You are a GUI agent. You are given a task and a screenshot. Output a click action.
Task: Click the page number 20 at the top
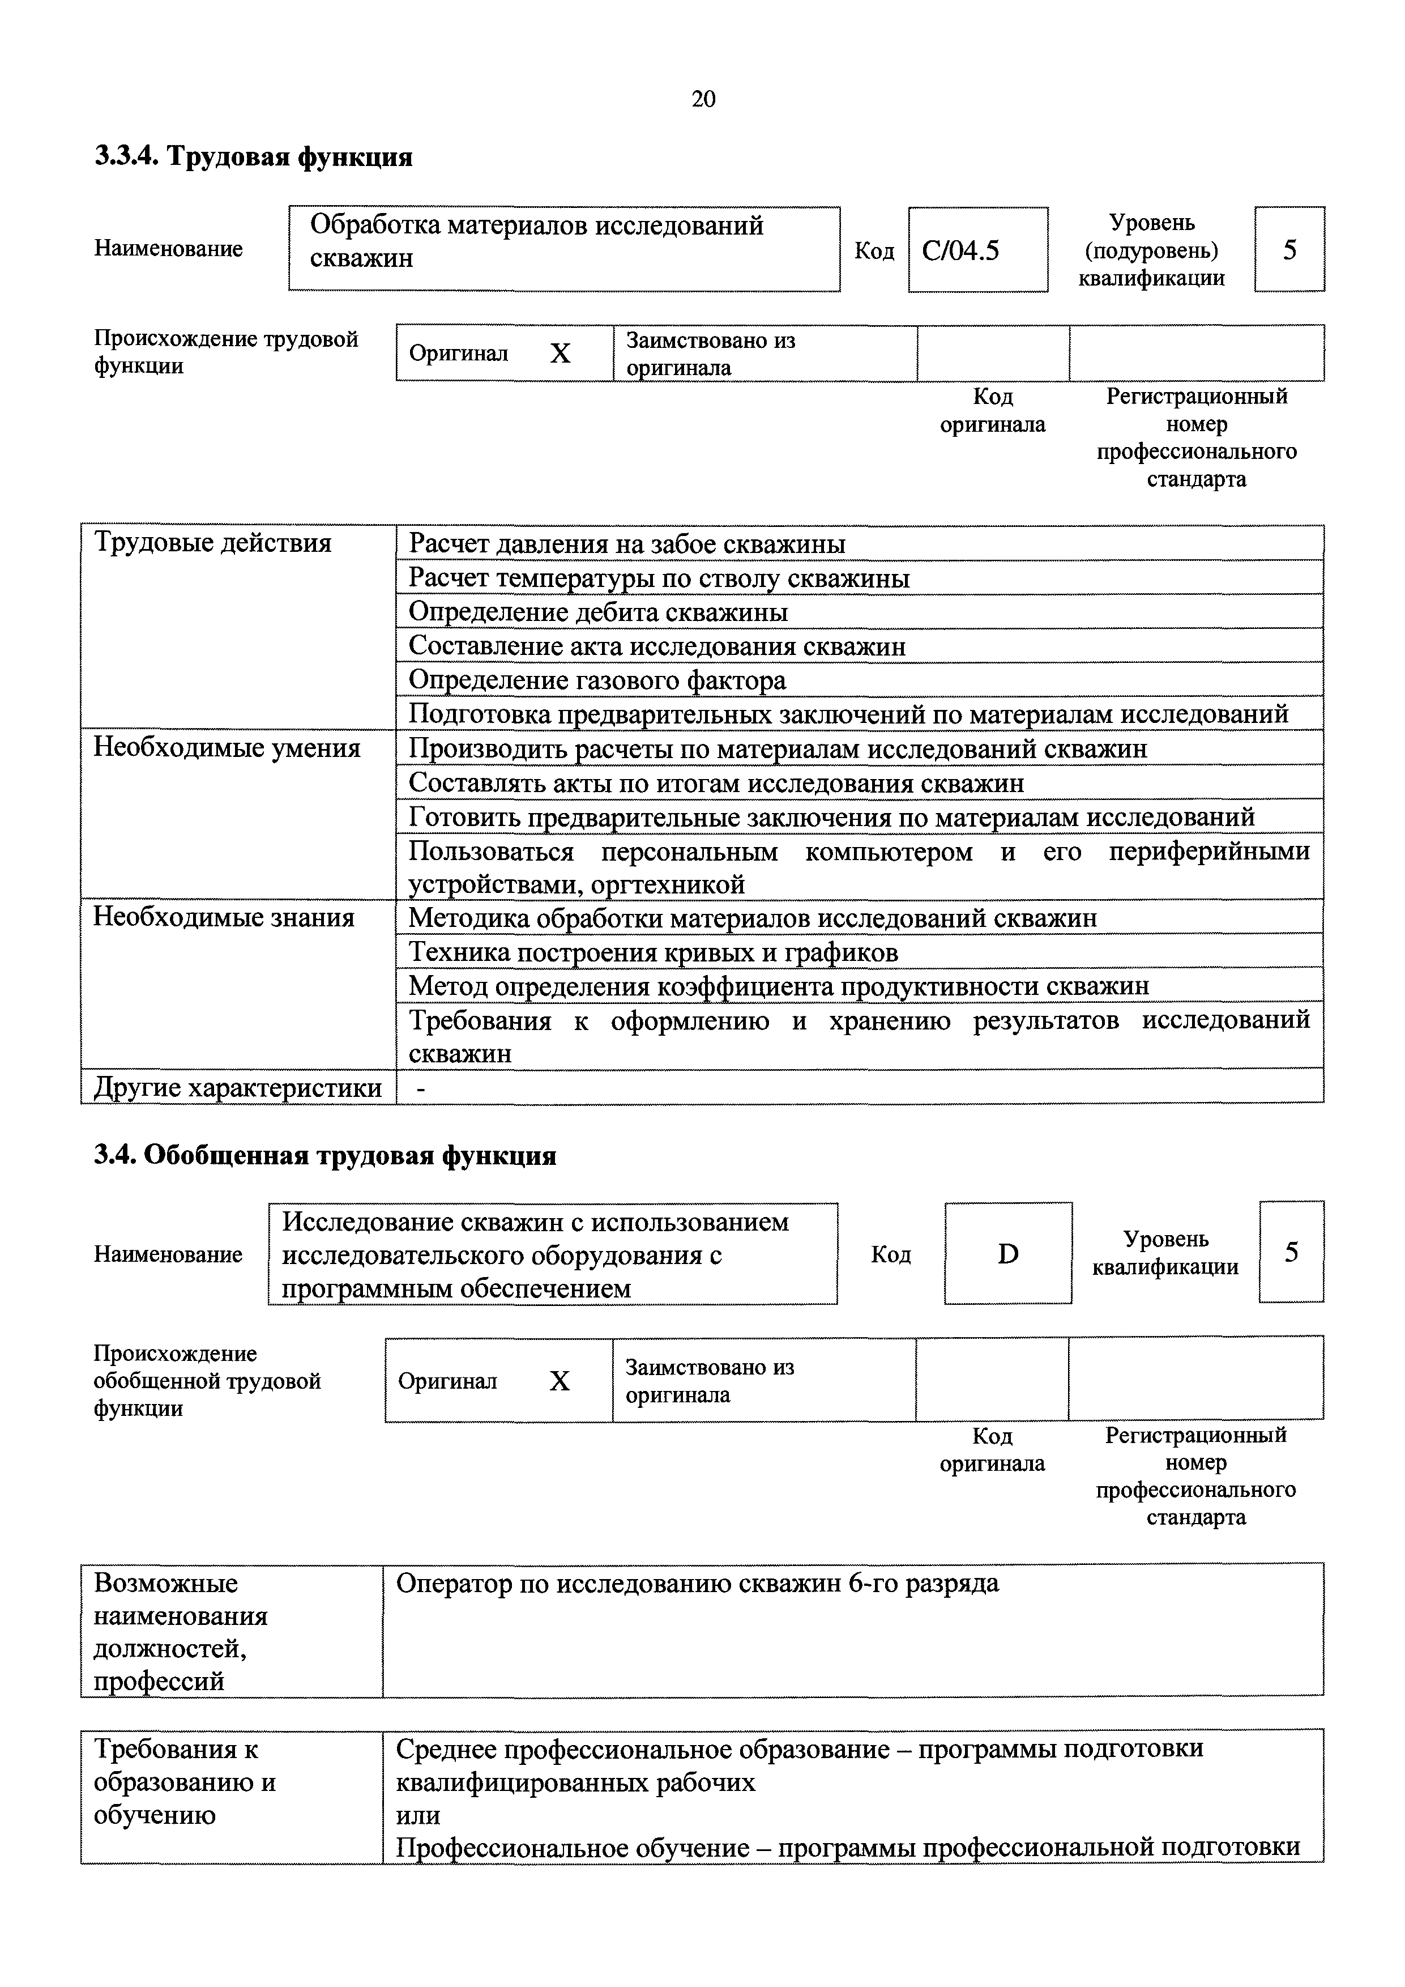point(703,100)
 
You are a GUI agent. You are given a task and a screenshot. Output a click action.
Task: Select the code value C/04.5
point(960,251)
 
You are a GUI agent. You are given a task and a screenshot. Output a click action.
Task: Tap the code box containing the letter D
point(1008,1253)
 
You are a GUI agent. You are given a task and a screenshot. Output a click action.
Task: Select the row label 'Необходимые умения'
point(227,748)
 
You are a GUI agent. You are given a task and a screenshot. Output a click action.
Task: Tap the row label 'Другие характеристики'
point(237,1087)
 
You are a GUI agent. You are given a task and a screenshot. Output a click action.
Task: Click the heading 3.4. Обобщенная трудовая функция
point(324,1156)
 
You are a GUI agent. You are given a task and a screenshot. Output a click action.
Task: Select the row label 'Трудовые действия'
point(212,543)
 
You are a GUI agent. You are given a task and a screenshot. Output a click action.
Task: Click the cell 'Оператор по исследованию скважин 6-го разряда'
point(697,1584)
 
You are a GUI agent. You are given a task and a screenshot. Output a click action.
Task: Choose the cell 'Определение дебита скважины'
point(598,612)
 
